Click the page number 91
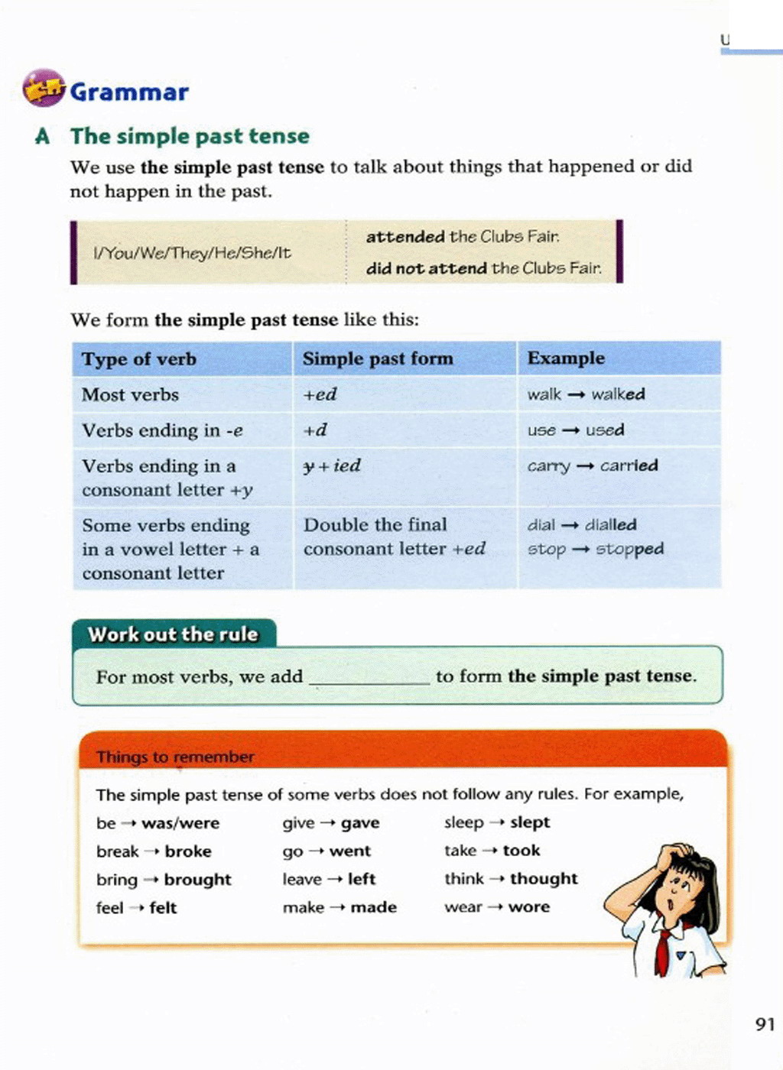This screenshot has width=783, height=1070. [x=765, y=1024]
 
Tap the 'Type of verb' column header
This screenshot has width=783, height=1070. [x=139, y=359]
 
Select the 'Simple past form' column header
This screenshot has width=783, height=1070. [x=378, y=358]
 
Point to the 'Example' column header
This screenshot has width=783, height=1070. [x=566, y=358]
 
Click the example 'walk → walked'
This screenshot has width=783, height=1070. [x=586, y=394]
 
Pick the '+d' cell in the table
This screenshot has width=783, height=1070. [x=315, y=430]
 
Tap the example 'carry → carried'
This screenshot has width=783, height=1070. [x=593, y=465]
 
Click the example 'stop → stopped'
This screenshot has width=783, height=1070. [x=596, y=549]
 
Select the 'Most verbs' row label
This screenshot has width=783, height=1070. [x=131, y=395]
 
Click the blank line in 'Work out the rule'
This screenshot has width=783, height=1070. [x=369, y=679]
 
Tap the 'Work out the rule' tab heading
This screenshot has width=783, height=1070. [x=173, y=634]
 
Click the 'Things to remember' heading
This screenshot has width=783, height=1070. [x=175, y=757]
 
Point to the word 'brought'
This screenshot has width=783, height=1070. [x=197, y=880]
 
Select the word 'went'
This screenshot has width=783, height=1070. [x=350, y=851]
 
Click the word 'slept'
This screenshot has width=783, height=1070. [x=530, y=822]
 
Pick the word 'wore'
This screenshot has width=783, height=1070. [x=529, y=907]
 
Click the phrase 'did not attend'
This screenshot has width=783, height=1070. [x=426, y=268]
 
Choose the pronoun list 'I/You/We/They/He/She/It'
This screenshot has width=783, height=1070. [x=192, y=253]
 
